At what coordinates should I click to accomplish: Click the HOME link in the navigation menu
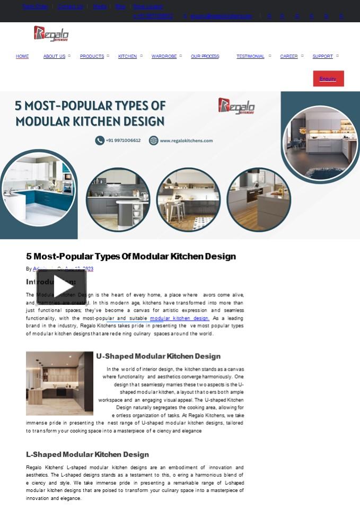click(x=22, y=56)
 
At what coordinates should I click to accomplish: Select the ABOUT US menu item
click(x=54, y=56)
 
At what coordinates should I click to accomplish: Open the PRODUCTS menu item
click(x=92, y=56)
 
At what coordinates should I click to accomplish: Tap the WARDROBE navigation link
click(x=164, y=56)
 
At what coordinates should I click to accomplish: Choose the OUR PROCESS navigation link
click(x=205, y=56)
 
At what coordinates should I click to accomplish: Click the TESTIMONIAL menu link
click(x=250, y=56)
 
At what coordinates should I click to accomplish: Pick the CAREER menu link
click(x=288, y=56)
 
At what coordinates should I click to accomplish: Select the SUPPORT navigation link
click(x=322, y=56)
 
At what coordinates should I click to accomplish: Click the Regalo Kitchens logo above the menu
click(x=51, y=34)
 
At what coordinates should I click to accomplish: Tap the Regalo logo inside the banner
click(x=236, y=106)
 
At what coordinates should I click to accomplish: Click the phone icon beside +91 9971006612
click(x=100, y=141)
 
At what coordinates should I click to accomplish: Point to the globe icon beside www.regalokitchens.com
click(x=153, y=141)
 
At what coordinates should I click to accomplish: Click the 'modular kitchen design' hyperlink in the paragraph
click(x=179, y=318)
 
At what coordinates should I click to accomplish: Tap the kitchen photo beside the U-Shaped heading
click(x=59, y=383)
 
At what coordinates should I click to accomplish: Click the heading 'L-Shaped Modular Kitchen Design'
click(x=87, y=454)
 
